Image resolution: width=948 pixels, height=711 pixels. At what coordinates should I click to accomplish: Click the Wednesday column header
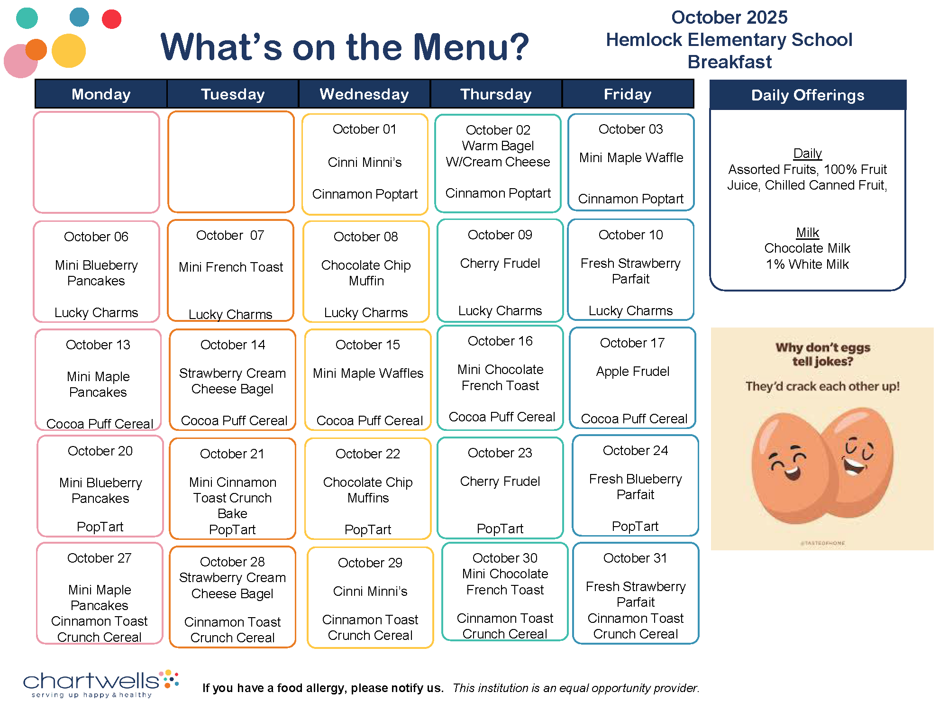364,94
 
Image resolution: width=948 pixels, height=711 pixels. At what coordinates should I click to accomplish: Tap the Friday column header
628,94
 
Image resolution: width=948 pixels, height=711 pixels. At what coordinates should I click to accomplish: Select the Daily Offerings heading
808,95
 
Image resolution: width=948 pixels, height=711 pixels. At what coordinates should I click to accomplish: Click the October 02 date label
498,130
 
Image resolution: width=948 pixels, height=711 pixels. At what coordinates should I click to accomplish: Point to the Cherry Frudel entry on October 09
500,263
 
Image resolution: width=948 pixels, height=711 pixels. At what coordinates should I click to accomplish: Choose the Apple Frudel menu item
633,371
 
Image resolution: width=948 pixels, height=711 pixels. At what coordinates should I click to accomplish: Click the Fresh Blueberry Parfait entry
635,487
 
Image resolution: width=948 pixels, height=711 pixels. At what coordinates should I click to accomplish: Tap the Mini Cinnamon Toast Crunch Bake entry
232,498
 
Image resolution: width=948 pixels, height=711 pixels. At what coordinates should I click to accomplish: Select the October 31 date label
635,558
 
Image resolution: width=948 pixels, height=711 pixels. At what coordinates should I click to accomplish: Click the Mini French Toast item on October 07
231,267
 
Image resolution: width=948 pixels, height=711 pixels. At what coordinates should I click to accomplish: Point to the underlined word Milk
808,232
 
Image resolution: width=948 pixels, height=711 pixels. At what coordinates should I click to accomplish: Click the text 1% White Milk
808,264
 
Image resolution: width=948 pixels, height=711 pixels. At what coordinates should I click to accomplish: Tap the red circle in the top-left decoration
112,19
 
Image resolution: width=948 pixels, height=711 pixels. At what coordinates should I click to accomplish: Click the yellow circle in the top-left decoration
69,50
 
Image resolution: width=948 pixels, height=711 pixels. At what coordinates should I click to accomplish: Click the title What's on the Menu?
345,47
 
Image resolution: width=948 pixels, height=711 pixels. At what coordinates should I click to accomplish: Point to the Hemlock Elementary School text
729,40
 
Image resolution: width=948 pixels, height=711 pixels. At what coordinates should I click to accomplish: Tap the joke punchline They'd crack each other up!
822,386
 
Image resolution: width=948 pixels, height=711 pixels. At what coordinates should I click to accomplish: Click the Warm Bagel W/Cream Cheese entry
498,154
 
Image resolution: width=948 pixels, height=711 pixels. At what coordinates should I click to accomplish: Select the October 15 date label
367,345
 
